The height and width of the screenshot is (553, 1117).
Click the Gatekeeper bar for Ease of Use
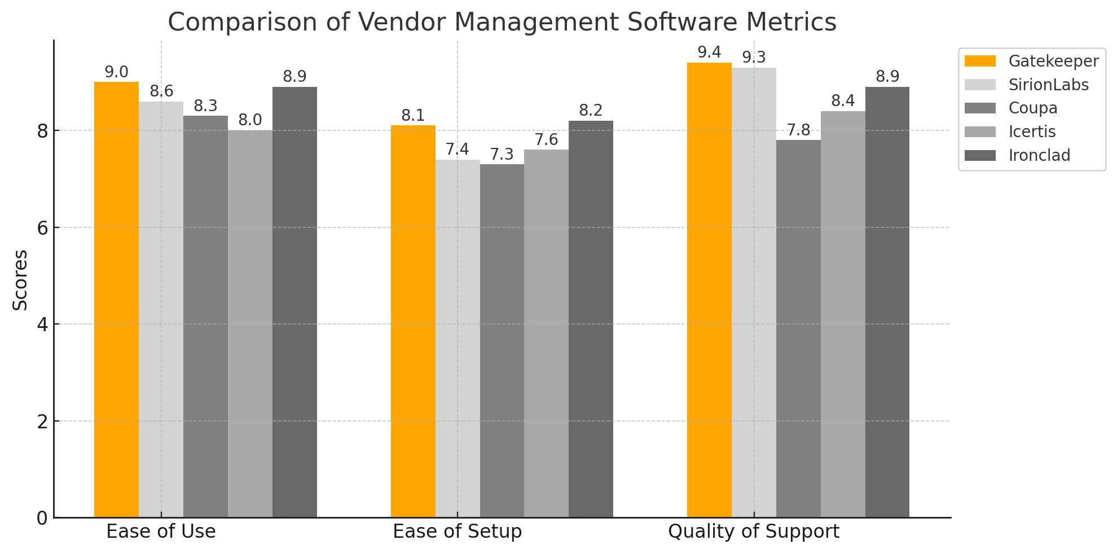[116, 299]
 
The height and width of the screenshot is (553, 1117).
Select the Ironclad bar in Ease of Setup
[591, 319]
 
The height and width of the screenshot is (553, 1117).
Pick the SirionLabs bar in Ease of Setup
[458, 339]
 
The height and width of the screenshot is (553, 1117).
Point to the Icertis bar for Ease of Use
[250, 324]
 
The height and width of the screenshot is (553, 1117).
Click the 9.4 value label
[709, 52]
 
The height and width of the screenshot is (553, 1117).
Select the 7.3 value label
[502, 154]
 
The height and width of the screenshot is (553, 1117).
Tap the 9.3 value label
[754, 58]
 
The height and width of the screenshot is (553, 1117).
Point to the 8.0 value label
[250, 120]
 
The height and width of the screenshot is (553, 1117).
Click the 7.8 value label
[798, 130]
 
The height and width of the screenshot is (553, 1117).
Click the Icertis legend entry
[1032, 131]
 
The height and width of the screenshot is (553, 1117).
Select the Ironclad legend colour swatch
[980, 155]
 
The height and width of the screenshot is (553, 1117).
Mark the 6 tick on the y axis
[42, 227]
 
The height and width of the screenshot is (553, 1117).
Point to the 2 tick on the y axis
[42, 421]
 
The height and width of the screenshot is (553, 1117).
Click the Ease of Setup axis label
[457, 532]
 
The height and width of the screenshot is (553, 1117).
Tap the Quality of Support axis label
[754, 532]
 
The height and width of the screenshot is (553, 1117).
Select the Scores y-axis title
[20, 280]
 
